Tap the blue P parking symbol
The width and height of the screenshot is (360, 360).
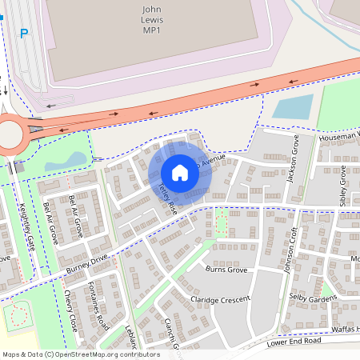click(24, 34)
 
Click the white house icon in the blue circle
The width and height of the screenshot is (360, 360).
click(180, 172)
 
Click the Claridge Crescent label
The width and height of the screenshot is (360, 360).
click(220, 299)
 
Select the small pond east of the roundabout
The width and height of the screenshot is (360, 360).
click(66, 161)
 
